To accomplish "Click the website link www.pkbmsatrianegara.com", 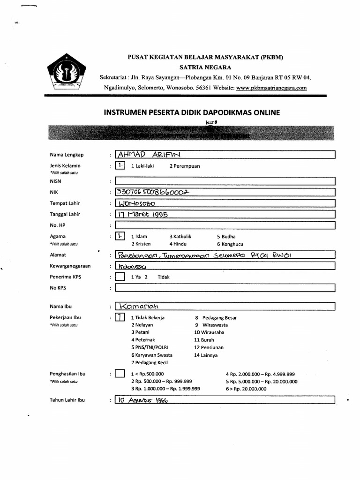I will (x=271, y=88).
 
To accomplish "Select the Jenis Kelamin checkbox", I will (x=120, y=165).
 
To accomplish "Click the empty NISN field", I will (x=225, y=180).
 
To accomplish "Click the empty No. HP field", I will (x=225, y=225).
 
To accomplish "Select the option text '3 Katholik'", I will (x=180, y=237).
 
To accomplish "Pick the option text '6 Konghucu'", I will (x=230, y=244).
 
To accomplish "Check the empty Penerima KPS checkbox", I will (x=120, y=277).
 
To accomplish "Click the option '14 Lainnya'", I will (x=206, y=355).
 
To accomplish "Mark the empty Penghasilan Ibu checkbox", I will (x=120, y=374).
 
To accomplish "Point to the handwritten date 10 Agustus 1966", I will (x=143, y=401).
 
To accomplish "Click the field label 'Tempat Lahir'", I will (x=65, y=203).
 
